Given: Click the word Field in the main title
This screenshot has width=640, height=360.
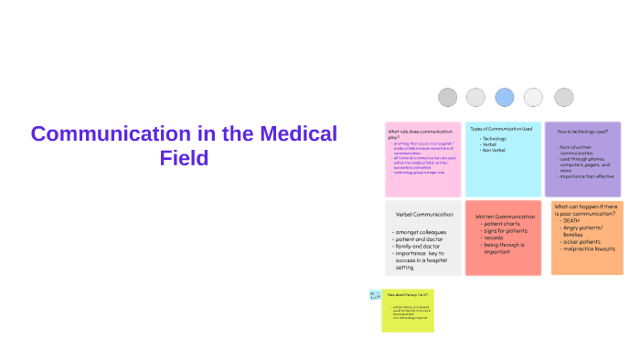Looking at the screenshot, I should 184,157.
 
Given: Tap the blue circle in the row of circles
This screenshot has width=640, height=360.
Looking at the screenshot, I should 505,97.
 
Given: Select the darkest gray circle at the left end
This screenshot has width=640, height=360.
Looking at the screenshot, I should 447,97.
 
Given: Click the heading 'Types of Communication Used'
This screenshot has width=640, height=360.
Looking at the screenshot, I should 501,129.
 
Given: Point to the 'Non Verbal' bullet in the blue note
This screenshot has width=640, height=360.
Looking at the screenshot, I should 494,150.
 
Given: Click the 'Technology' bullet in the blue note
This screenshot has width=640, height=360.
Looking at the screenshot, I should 494,139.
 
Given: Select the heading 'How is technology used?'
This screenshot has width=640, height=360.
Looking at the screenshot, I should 582,132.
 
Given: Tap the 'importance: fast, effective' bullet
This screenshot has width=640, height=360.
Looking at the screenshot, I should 588,176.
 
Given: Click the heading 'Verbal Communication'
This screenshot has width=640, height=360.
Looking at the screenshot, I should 424,215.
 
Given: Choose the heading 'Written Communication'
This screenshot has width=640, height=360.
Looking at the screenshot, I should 505,217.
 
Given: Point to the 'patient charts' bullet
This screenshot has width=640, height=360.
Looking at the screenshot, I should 504,224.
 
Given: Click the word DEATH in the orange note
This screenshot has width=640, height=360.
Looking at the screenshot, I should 571,220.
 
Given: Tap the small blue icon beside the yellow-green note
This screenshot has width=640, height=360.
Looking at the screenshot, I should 375,295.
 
